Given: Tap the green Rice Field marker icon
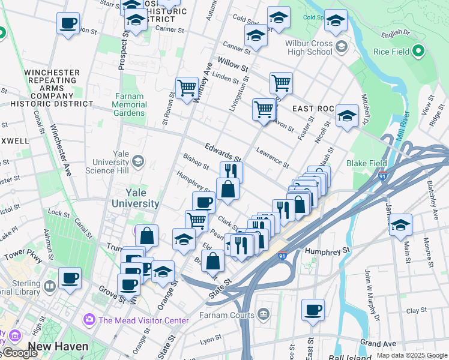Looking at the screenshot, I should (418, 52).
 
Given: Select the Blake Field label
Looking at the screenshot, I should (366, 163).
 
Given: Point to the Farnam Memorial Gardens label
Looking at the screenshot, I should (129, 104).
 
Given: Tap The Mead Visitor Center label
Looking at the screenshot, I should (143, 320).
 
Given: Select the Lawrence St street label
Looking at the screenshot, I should (272, 157).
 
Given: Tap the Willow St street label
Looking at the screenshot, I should (233, 64).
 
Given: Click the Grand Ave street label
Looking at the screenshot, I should (378, 344).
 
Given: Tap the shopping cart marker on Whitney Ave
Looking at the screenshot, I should (187, 88).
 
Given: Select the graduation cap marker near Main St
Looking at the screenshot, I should (400, 225).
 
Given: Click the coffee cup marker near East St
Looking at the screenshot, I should (313, 310).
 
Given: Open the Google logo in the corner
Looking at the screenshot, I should (20, 353).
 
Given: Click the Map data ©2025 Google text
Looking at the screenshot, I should (412, 355).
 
